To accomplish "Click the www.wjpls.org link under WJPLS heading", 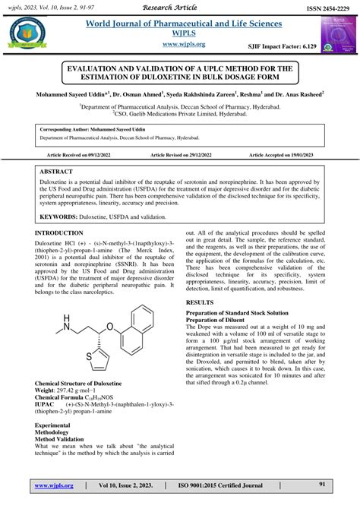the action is [x=181, y=45].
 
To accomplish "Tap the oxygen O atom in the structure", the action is [x=109, y=327].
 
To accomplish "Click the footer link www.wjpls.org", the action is [x=52, y=485].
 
